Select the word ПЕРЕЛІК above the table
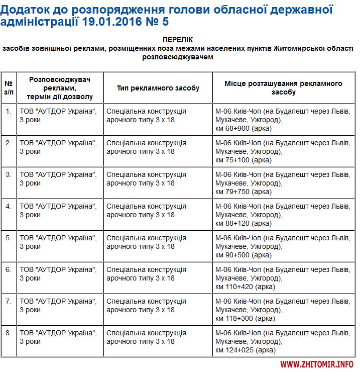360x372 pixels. [178, 40]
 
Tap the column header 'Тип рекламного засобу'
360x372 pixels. [158, 88]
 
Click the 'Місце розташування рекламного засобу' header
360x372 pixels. [283, 88]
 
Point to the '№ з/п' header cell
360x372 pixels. [9, 88]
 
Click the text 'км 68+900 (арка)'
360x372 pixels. [243, 128]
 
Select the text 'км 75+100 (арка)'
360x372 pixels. [243, 160]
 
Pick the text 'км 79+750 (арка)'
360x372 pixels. [243, 192]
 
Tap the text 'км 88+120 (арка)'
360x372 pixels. [243, 223]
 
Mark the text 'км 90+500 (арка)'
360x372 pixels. [243, 255]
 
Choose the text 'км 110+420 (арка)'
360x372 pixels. [245, 287]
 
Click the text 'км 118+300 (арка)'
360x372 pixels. [245, 318]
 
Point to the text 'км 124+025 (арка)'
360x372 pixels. [245, 350]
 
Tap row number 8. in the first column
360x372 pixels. [8, 333]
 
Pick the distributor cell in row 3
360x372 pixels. [58, 178]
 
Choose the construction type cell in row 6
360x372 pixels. [146, 273]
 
